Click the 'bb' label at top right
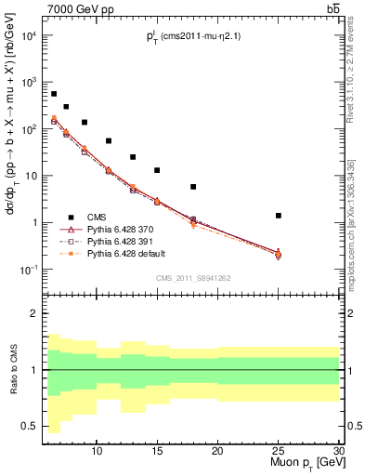pos(332,8)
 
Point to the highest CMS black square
pos(54,94)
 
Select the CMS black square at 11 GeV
pos(109,141)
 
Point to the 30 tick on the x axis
pos(338,451)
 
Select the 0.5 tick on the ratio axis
pos(31,427)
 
